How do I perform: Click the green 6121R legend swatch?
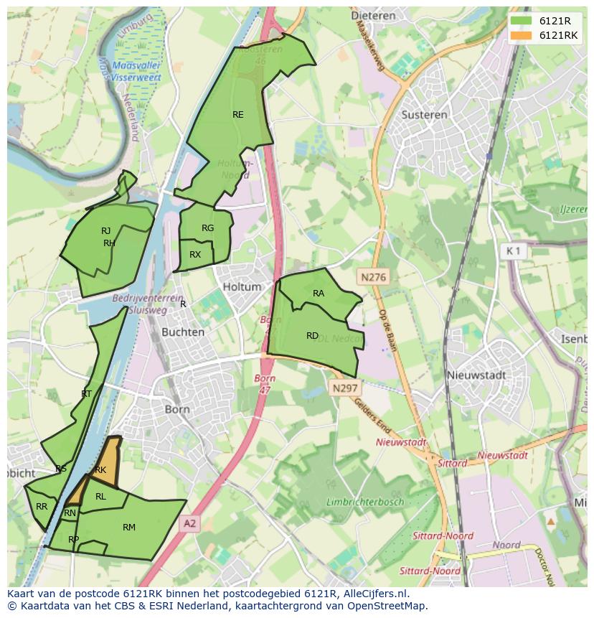pos(522,21)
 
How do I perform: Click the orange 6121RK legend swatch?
pos(522,35)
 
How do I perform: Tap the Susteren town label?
pos(424,114)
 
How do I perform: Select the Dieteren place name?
pos(374,14)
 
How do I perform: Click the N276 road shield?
pos(373,276)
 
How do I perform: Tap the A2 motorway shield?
pos(189,524)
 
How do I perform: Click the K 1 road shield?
pos(514,251)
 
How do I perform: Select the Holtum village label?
pos(242,286)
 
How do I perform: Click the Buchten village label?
pos(183,332)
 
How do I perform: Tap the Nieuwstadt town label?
pos(476,375)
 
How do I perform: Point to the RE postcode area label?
pos(237,114)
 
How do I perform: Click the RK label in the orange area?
pos(100,470)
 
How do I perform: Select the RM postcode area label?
pos(129,528)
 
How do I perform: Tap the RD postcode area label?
pos(312,336)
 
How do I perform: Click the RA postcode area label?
pos(319,293)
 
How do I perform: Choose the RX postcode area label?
pos(195,255)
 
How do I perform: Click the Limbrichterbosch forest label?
pos(365,502)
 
